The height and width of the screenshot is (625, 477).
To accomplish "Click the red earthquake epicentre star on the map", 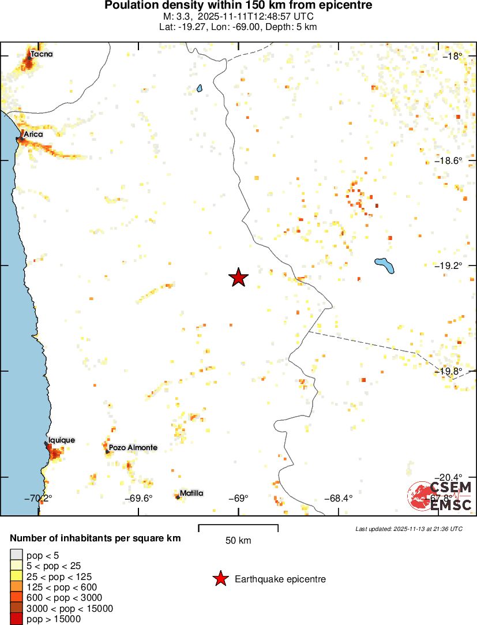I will (x=238, y=278).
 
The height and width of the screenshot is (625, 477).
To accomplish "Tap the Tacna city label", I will (x=42, y=54).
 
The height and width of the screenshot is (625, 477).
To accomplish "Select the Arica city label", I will (x=33, y=134).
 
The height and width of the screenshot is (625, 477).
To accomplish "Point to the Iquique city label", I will (x=61, y=440).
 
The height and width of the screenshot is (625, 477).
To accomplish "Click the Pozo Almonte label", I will (x=133, y=447).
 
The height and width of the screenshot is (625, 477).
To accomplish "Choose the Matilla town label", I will (x=191, y=493).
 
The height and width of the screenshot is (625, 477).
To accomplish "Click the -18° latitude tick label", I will (x=453, y=56).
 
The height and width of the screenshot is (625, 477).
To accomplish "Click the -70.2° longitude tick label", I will (x=39, y=499).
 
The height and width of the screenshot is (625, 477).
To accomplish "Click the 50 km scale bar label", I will (x=238, y=541).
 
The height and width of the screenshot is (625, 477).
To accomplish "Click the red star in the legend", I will (x=220, y=579).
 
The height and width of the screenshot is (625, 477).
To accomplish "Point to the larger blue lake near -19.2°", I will (x=384, y=265).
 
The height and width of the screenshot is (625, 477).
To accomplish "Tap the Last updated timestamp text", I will (x=408, y=529).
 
